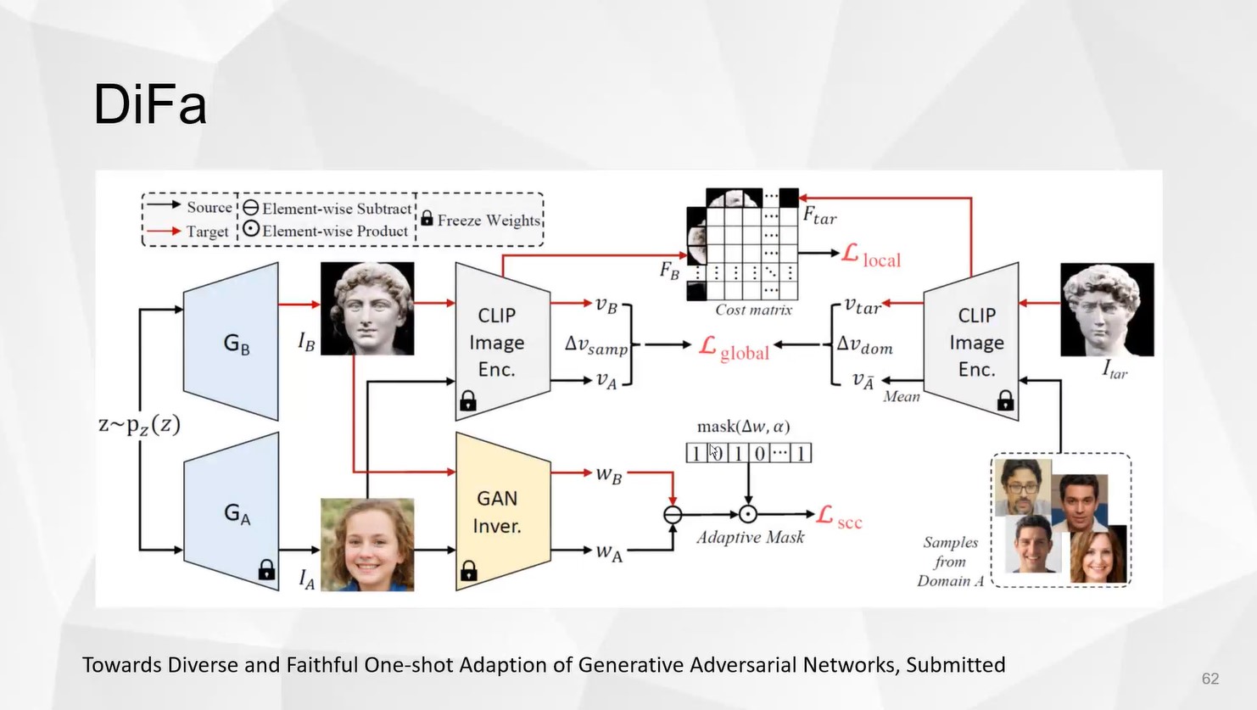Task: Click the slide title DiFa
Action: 149,105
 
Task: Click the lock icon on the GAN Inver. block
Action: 468,571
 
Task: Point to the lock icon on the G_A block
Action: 266,569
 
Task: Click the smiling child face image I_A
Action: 367,545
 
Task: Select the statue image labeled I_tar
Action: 1107,309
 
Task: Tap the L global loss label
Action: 735,349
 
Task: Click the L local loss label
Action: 871,256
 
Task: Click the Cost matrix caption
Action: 753,310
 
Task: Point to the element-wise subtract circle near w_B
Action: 673,514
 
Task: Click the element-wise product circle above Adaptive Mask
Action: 747,514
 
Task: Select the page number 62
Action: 1210,679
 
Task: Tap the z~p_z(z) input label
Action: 140,424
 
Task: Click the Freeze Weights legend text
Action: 489,221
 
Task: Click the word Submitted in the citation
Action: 955,665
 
